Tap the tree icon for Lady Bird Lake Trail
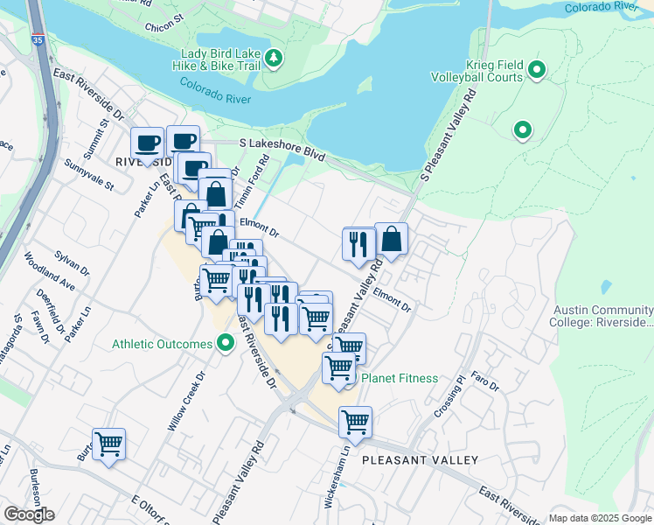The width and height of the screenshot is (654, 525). pos(275,59)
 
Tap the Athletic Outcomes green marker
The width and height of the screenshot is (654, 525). pos(225,344)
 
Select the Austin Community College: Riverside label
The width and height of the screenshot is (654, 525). pos(602,317)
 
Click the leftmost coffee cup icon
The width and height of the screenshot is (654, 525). pos(147,143)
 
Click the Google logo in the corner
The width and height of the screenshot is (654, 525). pos(29,514)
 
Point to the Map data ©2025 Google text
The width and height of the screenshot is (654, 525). pos(600,518)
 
